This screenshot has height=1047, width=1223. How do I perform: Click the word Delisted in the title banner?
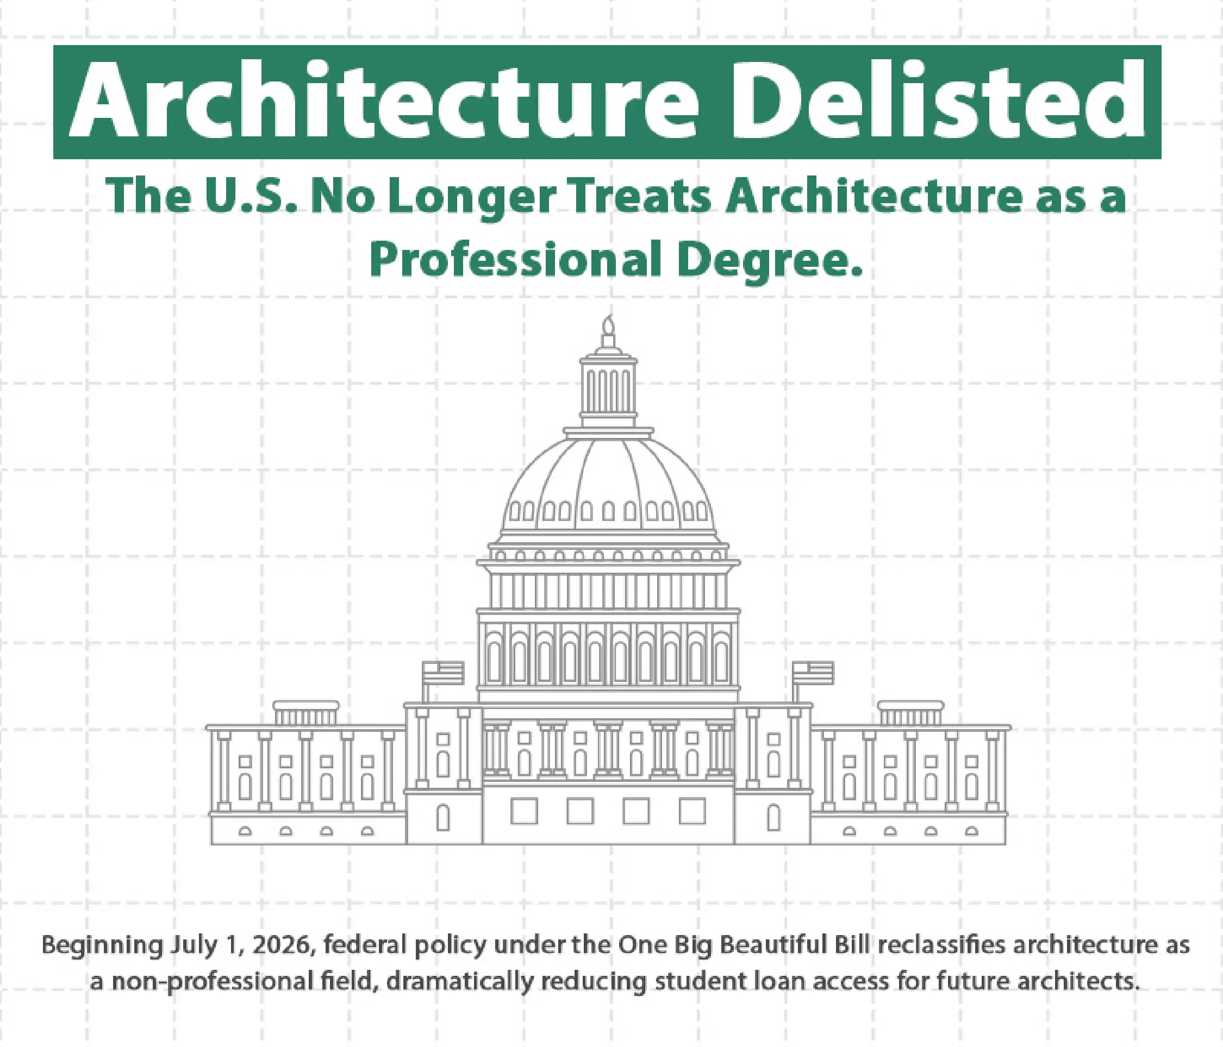[938, 101]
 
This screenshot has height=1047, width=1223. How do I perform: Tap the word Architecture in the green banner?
[384, 101]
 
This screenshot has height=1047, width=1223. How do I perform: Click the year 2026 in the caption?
[283, 945]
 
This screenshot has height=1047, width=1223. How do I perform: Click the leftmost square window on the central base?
[524, 811]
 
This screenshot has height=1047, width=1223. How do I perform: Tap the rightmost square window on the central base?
[692, 811]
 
